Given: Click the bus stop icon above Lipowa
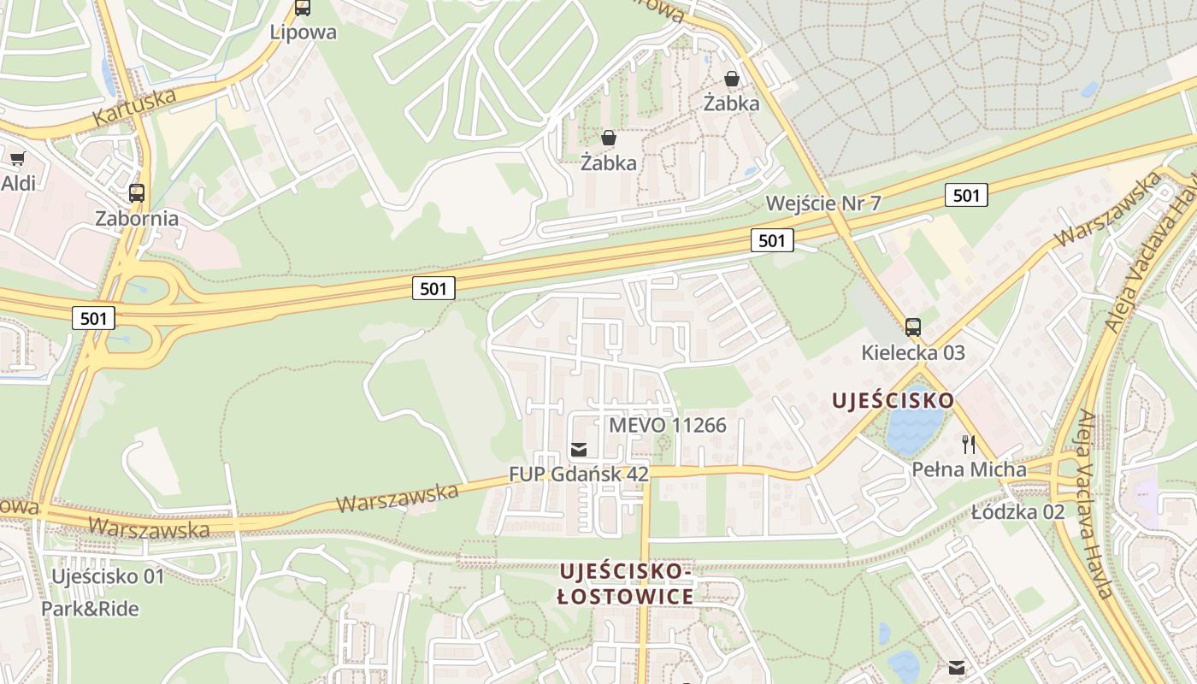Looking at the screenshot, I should click(303, 8).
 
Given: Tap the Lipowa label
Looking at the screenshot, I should click(303, 32).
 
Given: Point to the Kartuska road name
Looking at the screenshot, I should click(135, 106).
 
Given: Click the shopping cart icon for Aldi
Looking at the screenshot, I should click(17, 158).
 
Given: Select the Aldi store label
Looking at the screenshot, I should click(18, 183).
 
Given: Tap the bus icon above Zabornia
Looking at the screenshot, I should click(137, 193).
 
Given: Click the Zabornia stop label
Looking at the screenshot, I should click(137, 218).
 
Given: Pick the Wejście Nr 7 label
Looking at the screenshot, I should click(823, 203).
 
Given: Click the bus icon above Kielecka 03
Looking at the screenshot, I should click(913, 327).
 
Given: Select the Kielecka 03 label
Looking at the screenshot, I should click(913, 352).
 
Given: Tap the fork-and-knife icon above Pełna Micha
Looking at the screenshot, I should click(969, 445).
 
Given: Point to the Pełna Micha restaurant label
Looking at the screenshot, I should click(969, 469).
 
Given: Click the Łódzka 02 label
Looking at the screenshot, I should click(1017, 512).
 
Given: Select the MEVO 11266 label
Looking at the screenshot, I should click(667, 425).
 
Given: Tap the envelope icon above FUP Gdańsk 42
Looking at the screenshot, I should click(579, 449).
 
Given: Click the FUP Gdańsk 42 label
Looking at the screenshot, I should click(579, 474).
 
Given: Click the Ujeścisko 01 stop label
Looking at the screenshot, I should click(107, 576).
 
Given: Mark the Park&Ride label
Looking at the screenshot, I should click(90, 609).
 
